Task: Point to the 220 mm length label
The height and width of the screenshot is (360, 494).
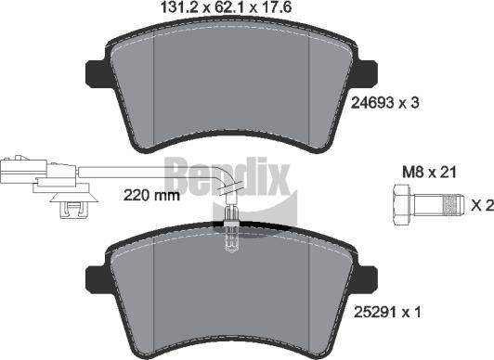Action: point(150,196)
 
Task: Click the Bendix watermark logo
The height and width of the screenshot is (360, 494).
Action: point(227,174)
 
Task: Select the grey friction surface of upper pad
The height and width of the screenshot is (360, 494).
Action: point(231,88)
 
